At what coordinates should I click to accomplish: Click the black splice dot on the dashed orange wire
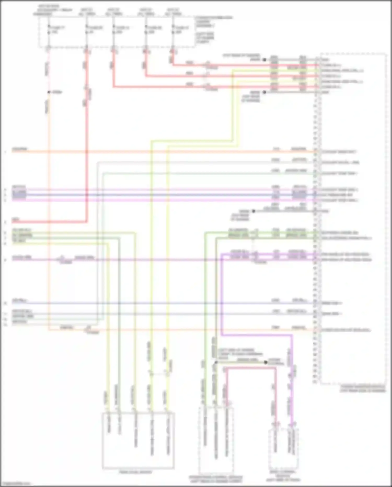pos(49,92)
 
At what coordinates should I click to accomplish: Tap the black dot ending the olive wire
pos(266,362)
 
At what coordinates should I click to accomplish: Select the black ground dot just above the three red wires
pos(264,60)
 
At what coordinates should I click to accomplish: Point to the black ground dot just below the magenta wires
pos(253,211)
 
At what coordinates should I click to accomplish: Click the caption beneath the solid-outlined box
pos(135,472)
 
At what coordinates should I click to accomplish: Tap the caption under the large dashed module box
pos(363,388)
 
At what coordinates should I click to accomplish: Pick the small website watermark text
pos(16,484)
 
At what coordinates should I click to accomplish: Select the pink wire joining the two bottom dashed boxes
pos(251,368)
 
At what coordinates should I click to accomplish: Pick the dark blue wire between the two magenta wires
pos(157,195)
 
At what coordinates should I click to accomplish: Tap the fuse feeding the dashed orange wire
pos(49,30)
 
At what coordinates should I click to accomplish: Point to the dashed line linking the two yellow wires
pos(158,374)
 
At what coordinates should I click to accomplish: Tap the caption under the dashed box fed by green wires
pos(216,479)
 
